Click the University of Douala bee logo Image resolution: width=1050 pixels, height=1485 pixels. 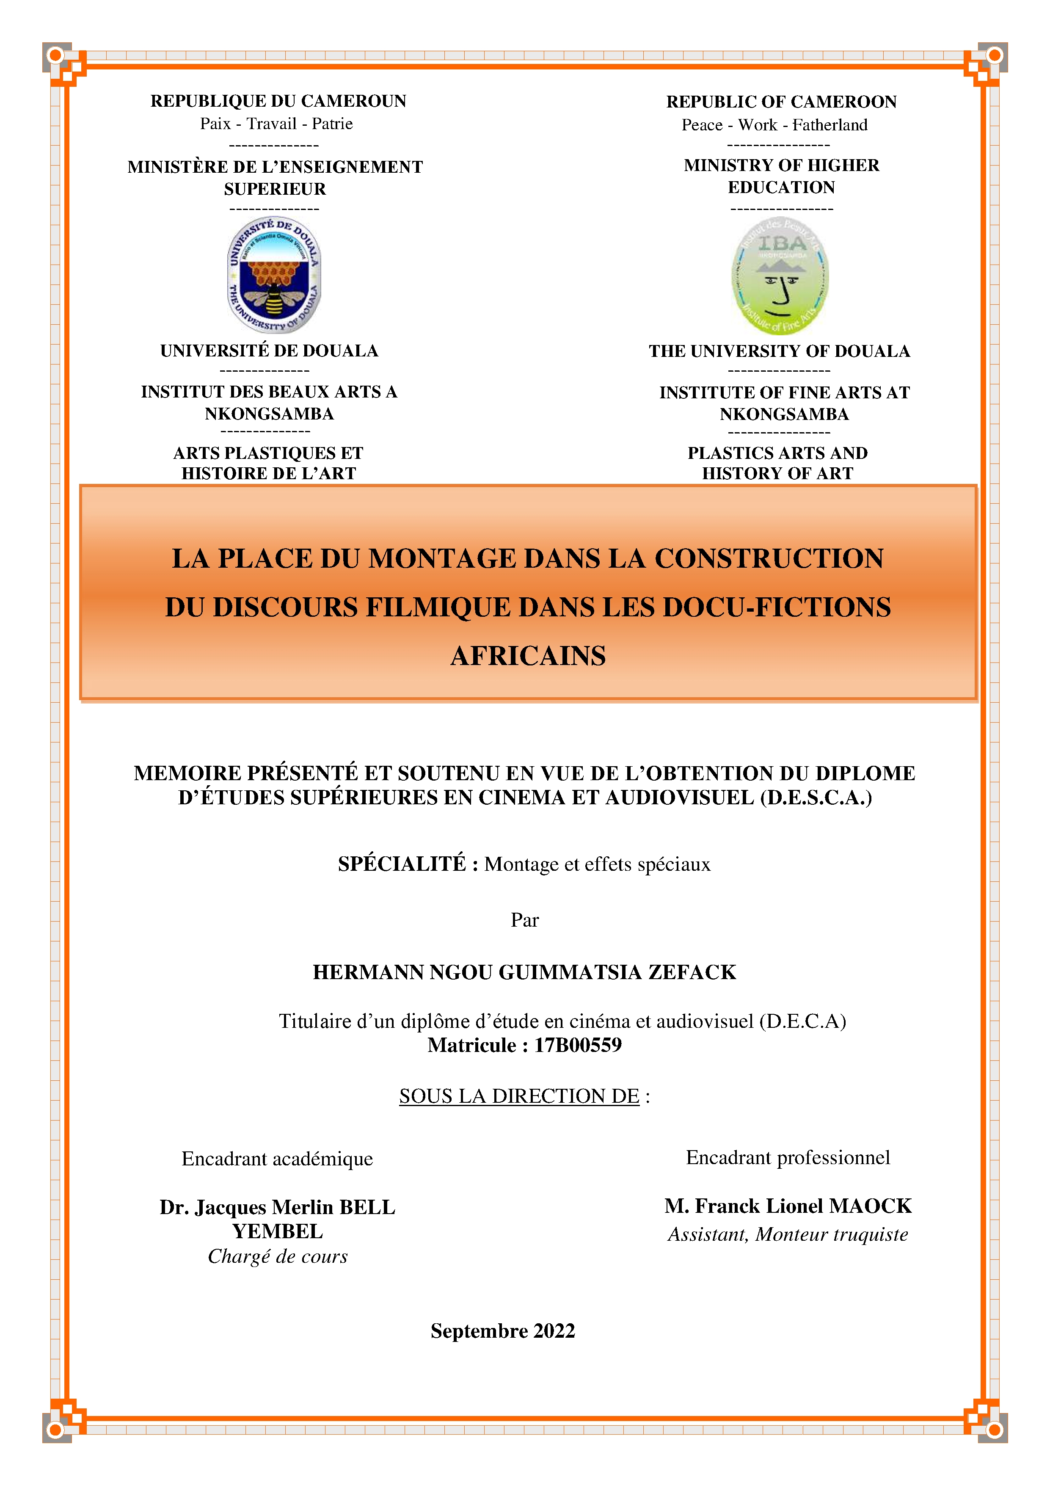[x=274, y=275]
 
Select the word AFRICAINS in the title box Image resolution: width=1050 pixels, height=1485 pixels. [x=528, y=656]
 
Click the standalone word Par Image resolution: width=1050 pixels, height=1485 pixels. [x=524, y=920]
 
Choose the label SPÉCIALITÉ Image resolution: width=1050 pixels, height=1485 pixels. [x=402, y=864]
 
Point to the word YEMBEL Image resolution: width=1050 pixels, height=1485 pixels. [x=277, y=1231]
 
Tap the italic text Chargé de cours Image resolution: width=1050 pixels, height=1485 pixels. [x=277, y=1257]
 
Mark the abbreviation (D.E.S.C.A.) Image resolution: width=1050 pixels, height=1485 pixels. [x=816, y=798]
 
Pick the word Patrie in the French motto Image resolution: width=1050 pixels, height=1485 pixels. [x=332, y=124]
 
